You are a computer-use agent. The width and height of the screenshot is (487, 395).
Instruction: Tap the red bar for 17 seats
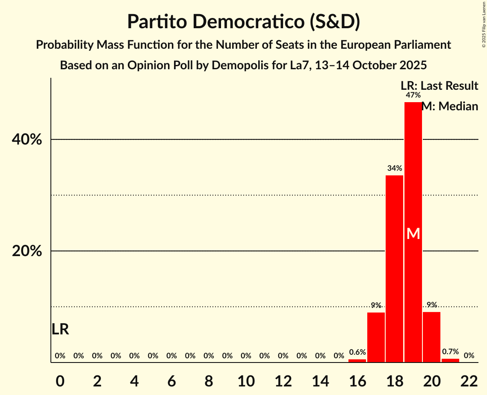[376, 337]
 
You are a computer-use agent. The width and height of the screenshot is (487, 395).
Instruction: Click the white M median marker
[413, 233]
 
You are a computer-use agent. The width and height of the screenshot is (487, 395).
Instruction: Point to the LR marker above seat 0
[60, 329]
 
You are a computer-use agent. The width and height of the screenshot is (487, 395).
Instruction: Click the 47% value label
[413, 95]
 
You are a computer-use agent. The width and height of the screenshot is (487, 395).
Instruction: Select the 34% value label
[394, 168]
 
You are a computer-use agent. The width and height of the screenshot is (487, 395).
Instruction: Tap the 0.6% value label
[357, 352]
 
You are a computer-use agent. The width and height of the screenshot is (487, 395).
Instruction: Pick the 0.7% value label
[450, 352]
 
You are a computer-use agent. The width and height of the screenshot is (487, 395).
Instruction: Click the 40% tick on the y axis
[27, 140]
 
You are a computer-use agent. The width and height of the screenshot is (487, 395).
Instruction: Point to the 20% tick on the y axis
[27, 251]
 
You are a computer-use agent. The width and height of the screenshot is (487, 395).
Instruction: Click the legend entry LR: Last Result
[439, 86]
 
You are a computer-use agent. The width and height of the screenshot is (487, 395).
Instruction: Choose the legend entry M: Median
[450, 106]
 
